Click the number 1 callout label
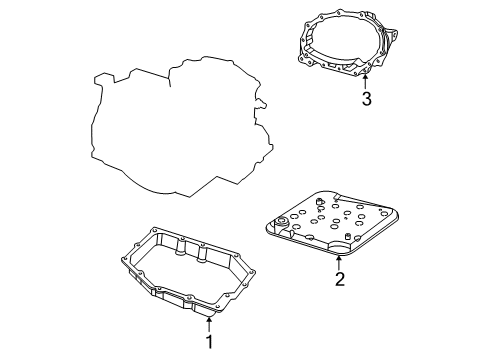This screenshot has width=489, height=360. click(x=210, y=342)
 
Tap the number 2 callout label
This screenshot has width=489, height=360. click(x=340, y=279)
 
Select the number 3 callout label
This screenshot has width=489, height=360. click(x=367, y=98)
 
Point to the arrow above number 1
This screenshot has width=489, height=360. click(x=210, y=322)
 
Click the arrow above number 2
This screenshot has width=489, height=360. click(x=339, y=261)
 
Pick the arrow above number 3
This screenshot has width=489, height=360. click(x=367, y=79)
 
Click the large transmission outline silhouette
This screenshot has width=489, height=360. click(x=180, y=130)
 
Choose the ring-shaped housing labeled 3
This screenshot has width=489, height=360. click(x=350, y=45)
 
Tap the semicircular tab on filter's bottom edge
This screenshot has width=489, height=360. click(x=340, y=250)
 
